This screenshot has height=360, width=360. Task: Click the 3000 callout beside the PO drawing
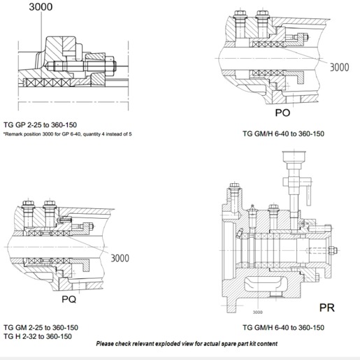click(x=339, y=68)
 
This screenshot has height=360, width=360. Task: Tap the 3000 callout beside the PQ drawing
click(x=120, y=257)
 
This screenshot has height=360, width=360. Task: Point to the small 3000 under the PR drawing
click(x=257, y=312)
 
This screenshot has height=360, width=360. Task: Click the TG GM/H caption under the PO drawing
click(x=283, y=133)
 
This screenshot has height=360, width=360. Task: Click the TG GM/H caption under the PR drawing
click(x=283, y=327)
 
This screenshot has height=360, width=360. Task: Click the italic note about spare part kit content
click(x=187, y=344)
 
